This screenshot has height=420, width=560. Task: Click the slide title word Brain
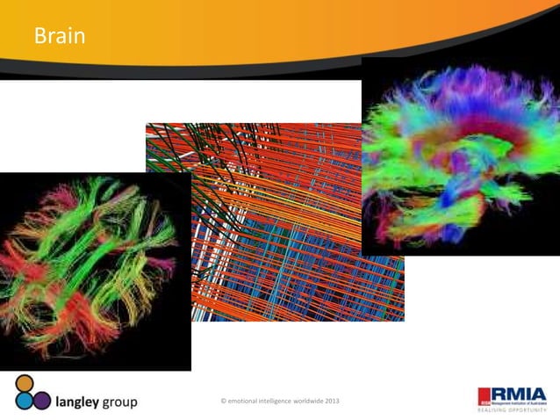pyautogui.click(x=59, y=37)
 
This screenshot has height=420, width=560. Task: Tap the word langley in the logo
pyautogui.click(x=82, y=402)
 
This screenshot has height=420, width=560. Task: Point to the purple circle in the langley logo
pyautogui.click(x=41, y=400)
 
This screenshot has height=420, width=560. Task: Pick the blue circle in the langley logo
pyautogui.click(x=23, y=401)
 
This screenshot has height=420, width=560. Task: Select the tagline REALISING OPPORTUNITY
pyautogui.click(x=512, y=409)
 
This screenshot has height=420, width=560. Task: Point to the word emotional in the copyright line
pyautogui.click(x=245, y=401)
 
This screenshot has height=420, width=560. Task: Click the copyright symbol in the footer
pyautogui.click(x=225, y=401)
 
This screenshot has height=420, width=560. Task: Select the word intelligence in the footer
pyautogui.click(x=274, y=401)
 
